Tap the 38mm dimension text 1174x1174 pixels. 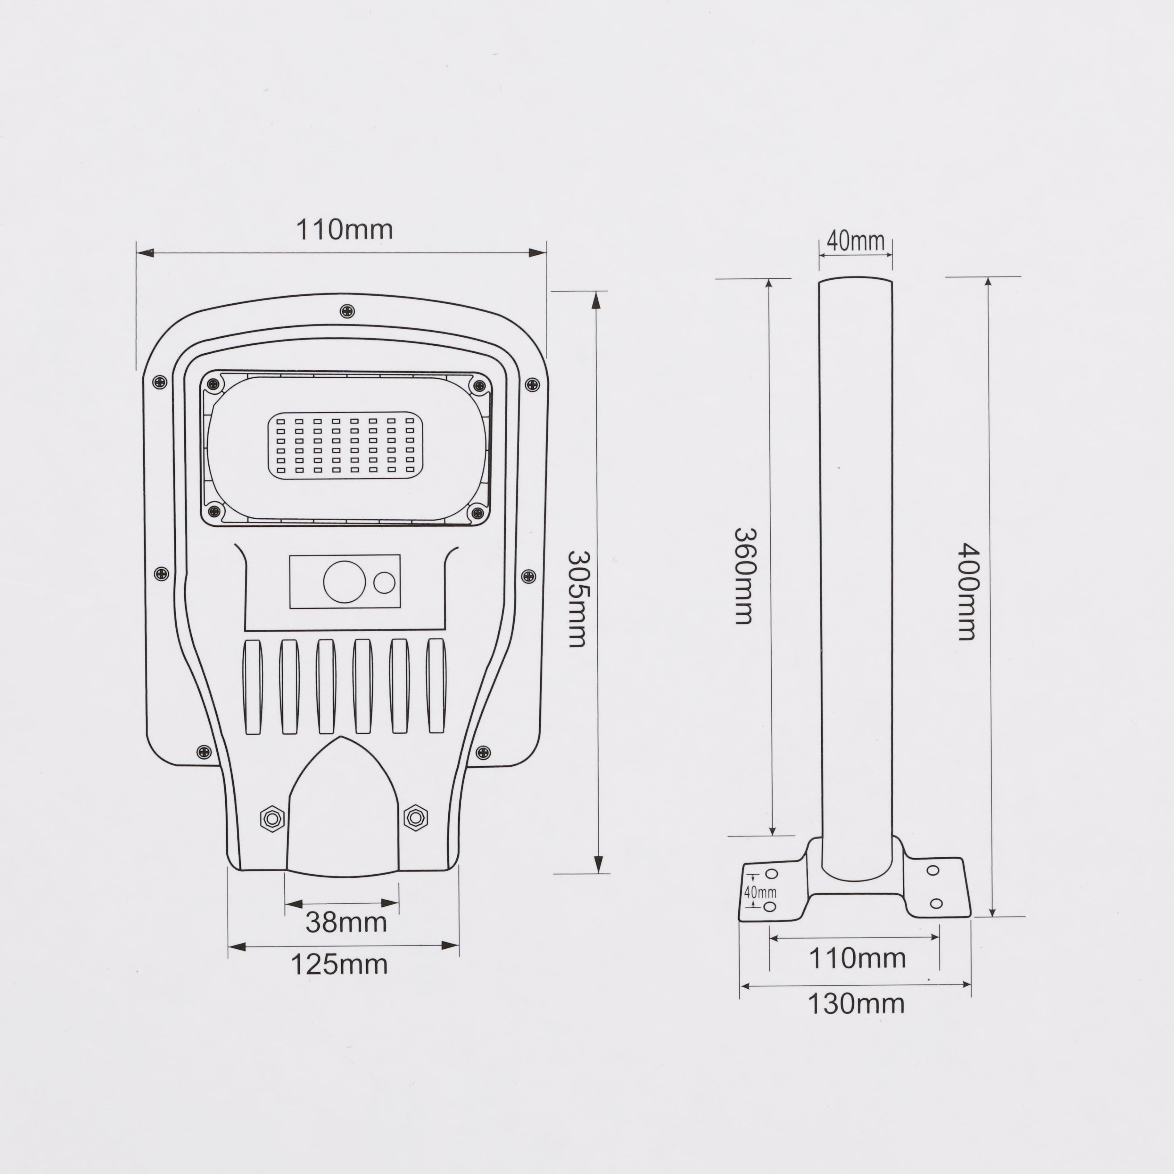(346, 922)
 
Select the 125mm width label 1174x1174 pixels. (339, 964)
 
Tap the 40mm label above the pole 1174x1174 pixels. (856, 241)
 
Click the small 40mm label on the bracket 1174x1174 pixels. (760, 893)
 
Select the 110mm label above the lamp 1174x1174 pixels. (344, 230)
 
